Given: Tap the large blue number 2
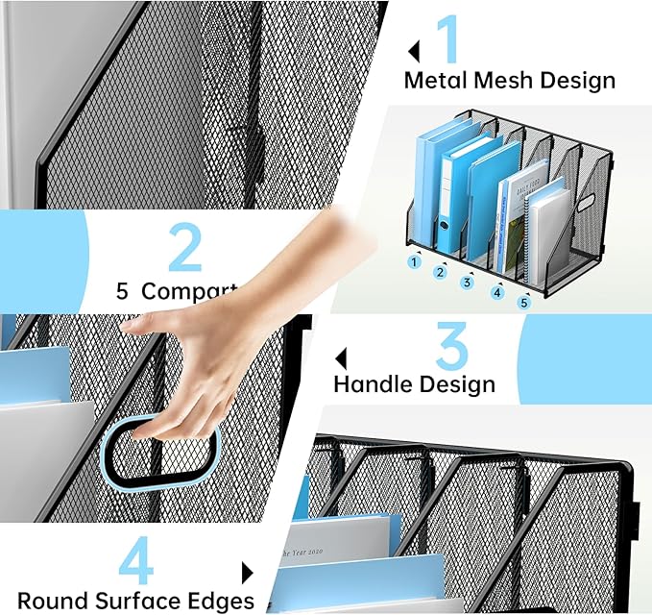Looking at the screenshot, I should [x=185, y=247].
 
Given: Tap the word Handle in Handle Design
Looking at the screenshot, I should [x=373, y=384].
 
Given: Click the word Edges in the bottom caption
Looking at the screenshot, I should [x=222, y=602].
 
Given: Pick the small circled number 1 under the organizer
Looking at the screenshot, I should [x=415, y=260].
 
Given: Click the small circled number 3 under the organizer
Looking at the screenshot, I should [x=468, y=282].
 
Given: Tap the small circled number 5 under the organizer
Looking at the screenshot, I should [x=524, y=303].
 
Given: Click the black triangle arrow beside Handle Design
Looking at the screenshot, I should [x=340, y=359].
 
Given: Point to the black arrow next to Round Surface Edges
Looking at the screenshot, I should [x=247, y=574].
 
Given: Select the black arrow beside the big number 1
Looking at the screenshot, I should [x=415, y=51].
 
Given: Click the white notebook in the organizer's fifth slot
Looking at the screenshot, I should [x=547, y=237].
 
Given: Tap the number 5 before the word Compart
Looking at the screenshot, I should [x=122, y=291].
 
